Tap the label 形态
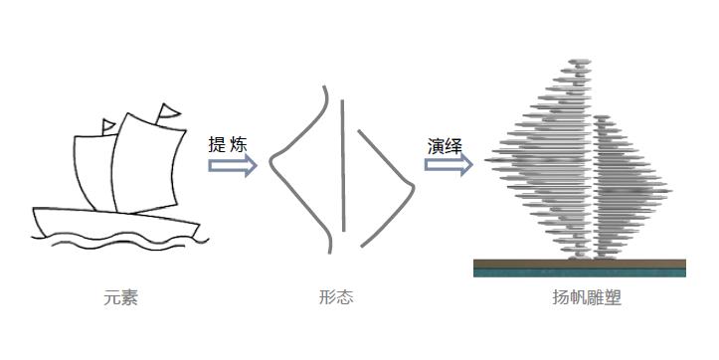(336, 297)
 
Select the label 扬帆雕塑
(587, 297)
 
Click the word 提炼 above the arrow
(228, 143)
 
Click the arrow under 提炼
(232, 165)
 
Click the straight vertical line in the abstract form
(343, 164)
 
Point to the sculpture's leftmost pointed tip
(489, 159)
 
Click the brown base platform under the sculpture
(580, 267)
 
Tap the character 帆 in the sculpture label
(578, 297)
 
